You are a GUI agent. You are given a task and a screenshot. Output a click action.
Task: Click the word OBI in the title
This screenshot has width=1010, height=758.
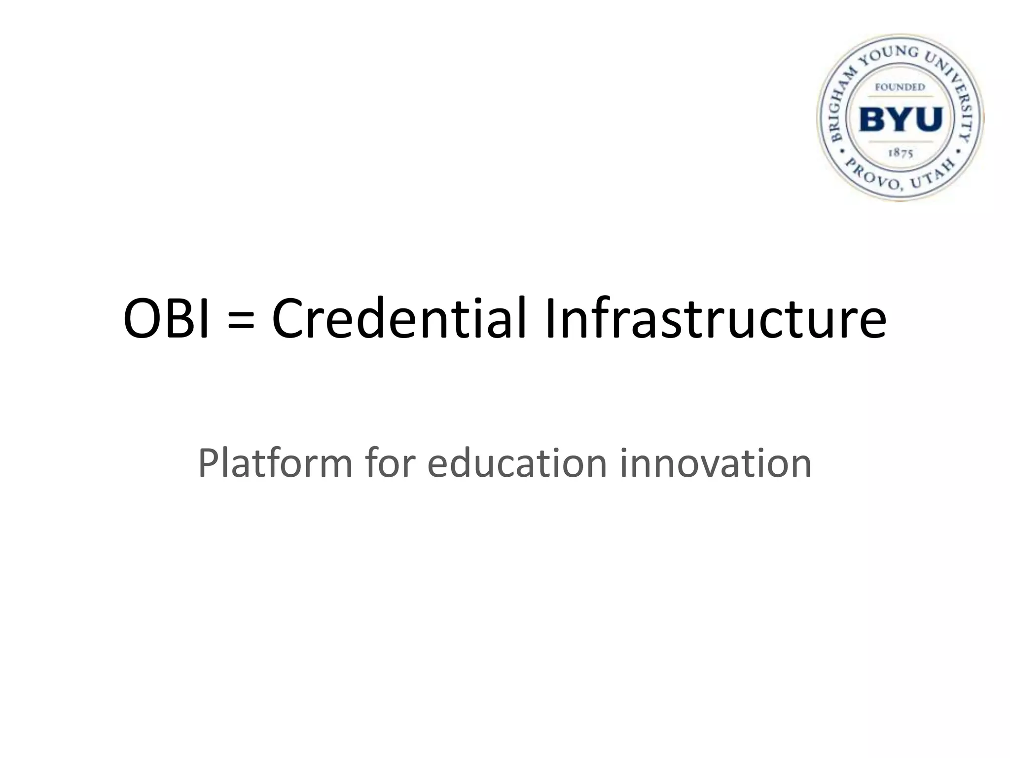pyautogui.click(x=167, y=318)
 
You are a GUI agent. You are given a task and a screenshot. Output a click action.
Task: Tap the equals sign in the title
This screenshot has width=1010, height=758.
pyautogui.click(x=241, y=320)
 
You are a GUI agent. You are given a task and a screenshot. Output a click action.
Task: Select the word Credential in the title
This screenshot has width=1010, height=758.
pyautogui.click(x=399, y=318)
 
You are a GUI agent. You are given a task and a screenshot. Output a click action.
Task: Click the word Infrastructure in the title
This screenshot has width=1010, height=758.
pyautogui.click(x=716, y=318)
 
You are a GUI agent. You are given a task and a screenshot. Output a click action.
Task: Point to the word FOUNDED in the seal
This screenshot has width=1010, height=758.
pyautogui.click(x=900, y=87)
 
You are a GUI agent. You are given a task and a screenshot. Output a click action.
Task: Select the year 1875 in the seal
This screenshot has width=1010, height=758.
pyautogui.click(x=901, y=153)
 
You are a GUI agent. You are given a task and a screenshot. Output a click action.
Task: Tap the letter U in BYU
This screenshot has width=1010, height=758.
pyautogui.click(x=928, y=119)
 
